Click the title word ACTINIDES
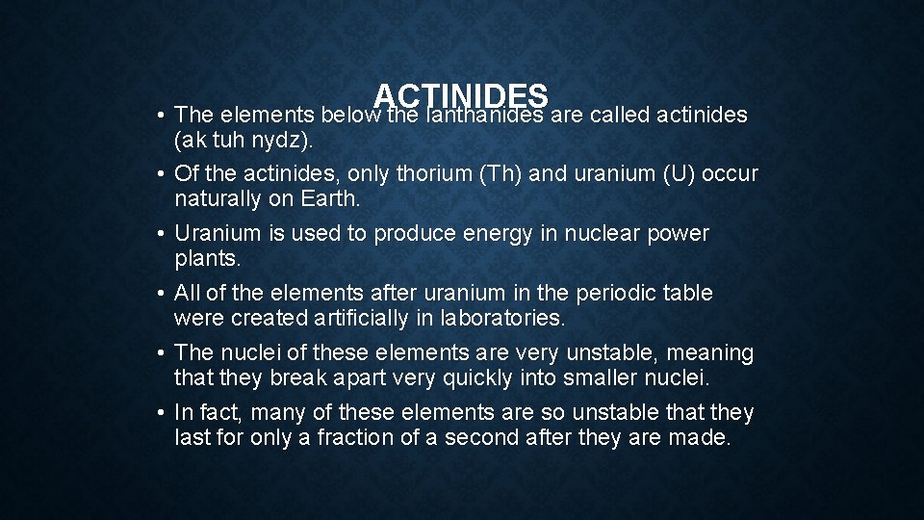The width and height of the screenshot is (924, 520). pyautogui.click(x=461, y=96)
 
